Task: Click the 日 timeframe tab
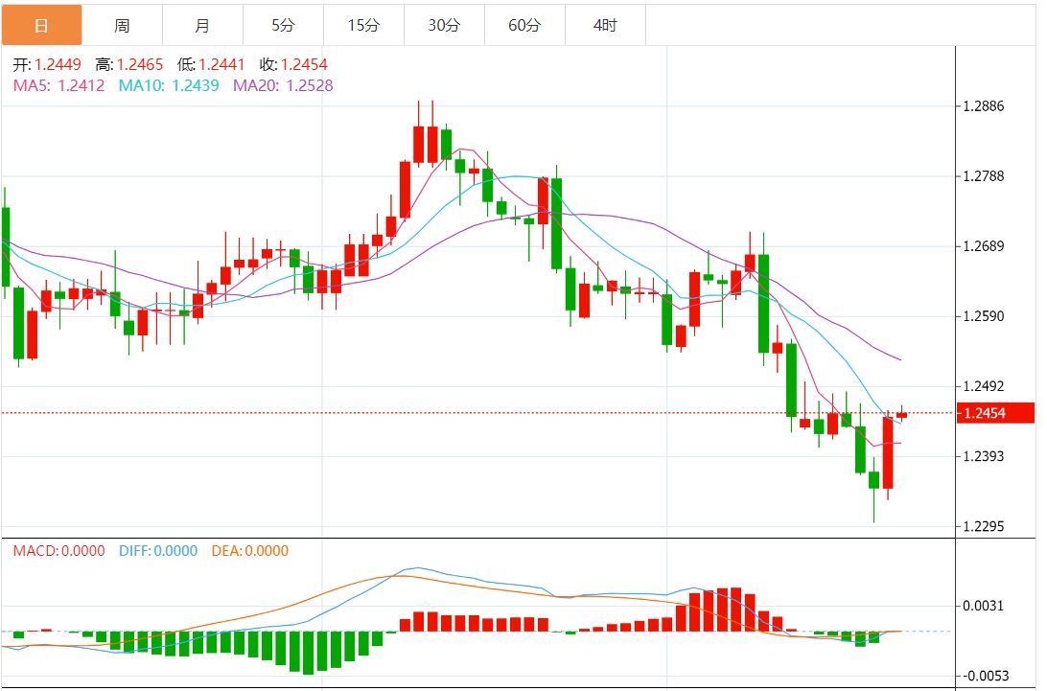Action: pos(41,25)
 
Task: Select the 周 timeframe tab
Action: pos(122,25)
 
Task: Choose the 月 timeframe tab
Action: pos(202,25)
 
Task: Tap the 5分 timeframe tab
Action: pos(283,25)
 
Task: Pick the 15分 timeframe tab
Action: pos(363,25)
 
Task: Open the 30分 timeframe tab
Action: pos(444,25)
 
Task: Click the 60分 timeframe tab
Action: pos(524,25)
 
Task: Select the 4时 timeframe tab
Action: pos(605,25)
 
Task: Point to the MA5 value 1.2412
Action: pos(81,85)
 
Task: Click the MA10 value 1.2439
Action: pos(195,85)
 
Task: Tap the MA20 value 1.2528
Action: pos(309,85)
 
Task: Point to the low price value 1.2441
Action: pos(222,65)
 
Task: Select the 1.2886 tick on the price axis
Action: pos(983,105)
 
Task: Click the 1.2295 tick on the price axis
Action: pos(983,526)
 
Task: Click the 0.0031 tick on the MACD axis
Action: pos(983,605)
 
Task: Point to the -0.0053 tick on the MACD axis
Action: pos(985,676)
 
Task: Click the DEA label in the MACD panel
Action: pos(225,551)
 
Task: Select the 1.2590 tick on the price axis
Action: pos(983,316)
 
